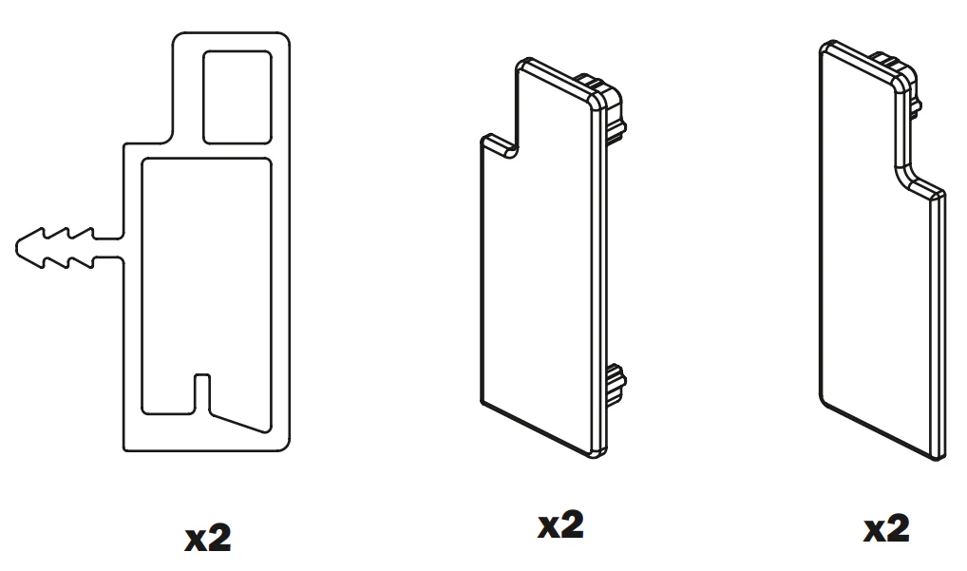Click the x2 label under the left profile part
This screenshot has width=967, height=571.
[x=208, y=538]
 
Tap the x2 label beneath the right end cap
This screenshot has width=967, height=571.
[x=886, y=528]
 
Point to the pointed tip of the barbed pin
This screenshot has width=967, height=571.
[x=17, y=248]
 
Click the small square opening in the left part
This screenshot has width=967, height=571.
[x=237, y=98]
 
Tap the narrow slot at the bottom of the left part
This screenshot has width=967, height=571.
[x=201, y=393]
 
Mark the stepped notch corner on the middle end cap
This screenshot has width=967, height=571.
[x=512, y=150]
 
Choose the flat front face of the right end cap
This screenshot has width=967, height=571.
[x=876, y=259]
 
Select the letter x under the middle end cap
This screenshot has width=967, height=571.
[x=548, y=528]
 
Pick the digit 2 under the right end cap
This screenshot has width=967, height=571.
[x=897, y=528]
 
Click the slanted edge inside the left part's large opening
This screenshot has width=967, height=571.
[x=240, y=420]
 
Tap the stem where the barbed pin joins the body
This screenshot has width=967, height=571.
[x=109, y=248]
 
